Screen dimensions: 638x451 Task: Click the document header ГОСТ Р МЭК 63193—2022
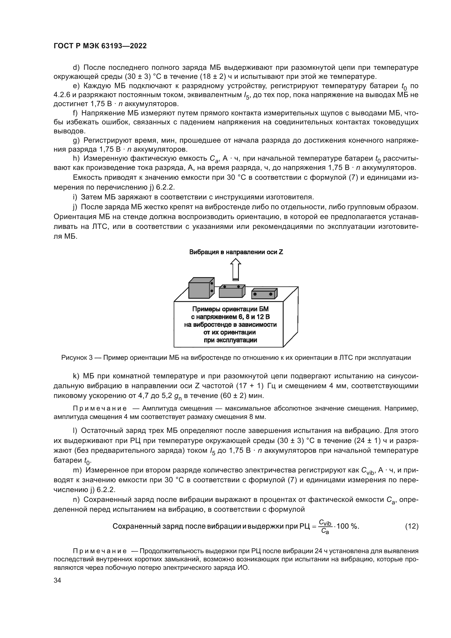click(x=100, y=46)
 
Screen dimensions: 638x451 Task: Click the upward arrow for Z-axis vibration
click(x=236, y=269)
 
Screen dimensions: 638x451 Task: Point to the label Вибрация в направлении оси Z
click(x=236, y=252)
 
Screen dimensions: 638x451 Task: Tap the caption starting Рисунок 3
click(x=236, y=358)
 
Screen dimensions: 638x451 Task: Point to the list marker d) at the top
click(x=76, y=68)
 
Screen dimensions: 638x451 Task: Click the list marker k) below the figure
click(x=76, y=376)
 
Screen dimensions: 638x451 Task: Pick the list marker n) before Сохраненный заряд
click(x=76, y=500)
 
